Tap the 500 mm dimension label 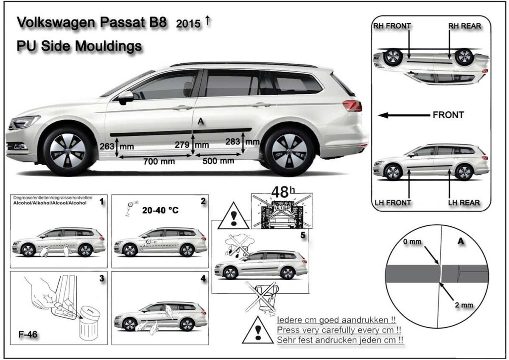[218, 161]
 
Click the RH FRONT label [392, 26]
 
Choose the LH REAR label [464, 202]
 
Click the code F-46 [28, 334]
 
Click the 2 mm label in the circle [464, 305]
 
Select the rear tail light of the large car [352, 105]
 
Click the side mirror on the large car [126, 97]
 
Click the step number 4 [203, 279]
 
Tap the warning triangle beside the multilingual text [256, 331]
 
